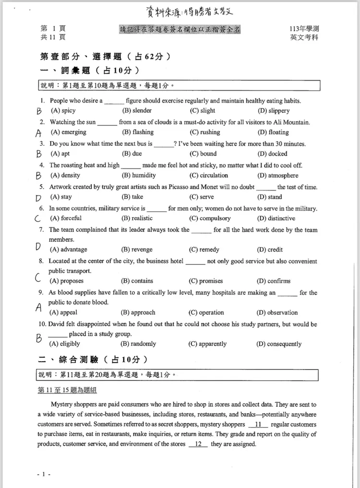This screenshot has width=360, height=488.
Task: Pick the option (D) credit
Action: tap(270, 250)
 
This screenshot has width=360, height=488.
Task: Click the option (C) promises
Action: tap(206, 281)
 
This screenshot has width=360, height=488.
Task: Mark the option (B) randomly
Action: tap(138, 344)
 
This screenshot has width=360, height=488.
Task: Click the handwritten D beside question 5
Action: tap(39, 197)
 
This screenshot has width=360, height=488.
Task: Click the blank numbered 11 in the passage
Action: tap(258, 425)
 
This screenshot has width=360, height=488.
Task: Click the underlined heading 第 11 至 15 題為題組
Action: tap(67, 391)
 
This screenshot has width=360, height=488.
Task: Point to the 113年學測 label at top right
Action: tap(304, 29)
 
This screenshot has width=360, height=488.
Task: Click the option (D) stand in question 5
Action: tap(270, 197)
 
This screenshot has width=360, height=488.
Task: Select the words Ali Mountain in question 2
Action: tap(294, 122)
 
